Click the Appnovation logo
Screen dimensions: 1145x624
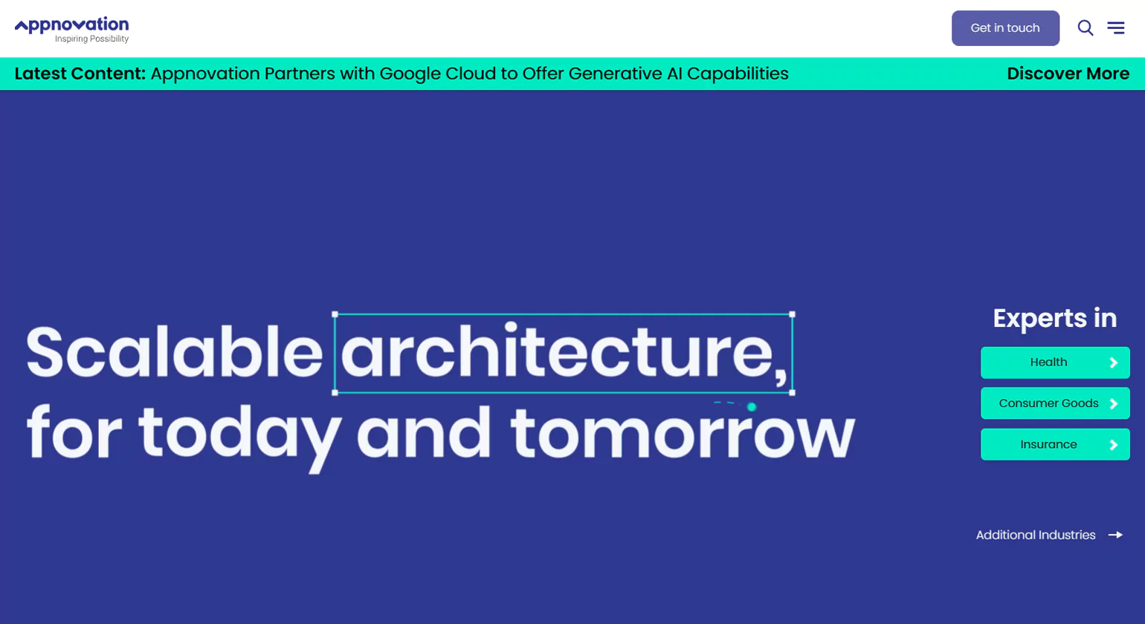[71, 30]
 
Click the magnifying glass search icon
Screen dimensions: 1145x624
[1086, 27]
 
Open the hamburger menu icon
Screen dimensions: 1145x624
[1116, 27]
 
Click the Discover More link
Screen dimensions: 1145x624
[1068, 74]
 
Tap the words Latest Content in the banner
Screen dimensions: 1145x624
[80, 74]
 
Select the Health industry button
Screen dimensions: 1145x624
[1055, 363]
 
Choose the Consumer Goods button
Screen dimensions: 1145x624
[1055, 403]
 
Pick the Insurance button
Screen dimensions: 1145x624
[1055, 445]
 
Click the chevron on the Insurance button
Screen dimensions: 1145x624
[1113, 445]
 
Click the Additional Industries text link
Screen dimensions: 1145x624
[1036, 535]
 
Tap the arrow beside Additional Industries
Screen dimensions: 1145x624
[1115, 535]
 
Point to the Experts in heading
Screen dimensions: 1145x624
[1054, 318]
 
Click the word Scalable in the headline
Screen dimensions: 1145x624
[174, 351]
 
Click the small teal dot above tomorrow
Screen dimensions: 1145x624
[752, 407]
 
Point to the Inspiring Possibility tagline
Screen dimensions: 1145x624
[92, 39]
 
